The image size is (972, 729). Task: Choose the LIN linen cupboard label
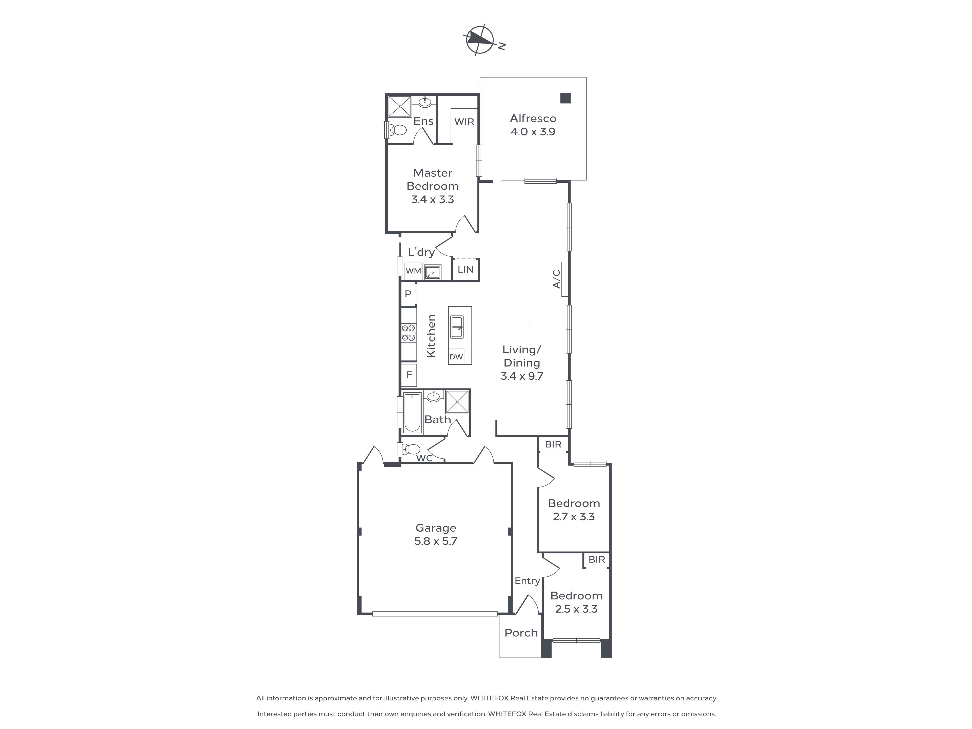pyautogui.click(x=465, y=269)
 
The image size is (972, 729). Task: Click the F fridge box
pyautogui.click(x=409, y=375)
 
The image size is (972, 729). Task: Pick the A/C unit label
pyautogui.click(x=557, y=279)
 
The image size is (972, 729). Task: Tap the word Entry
pyautogui.click(x=527, y=581)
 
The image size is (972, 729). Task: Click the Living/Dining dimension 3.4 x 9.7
pyautogui.click(x=522, y=376)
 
